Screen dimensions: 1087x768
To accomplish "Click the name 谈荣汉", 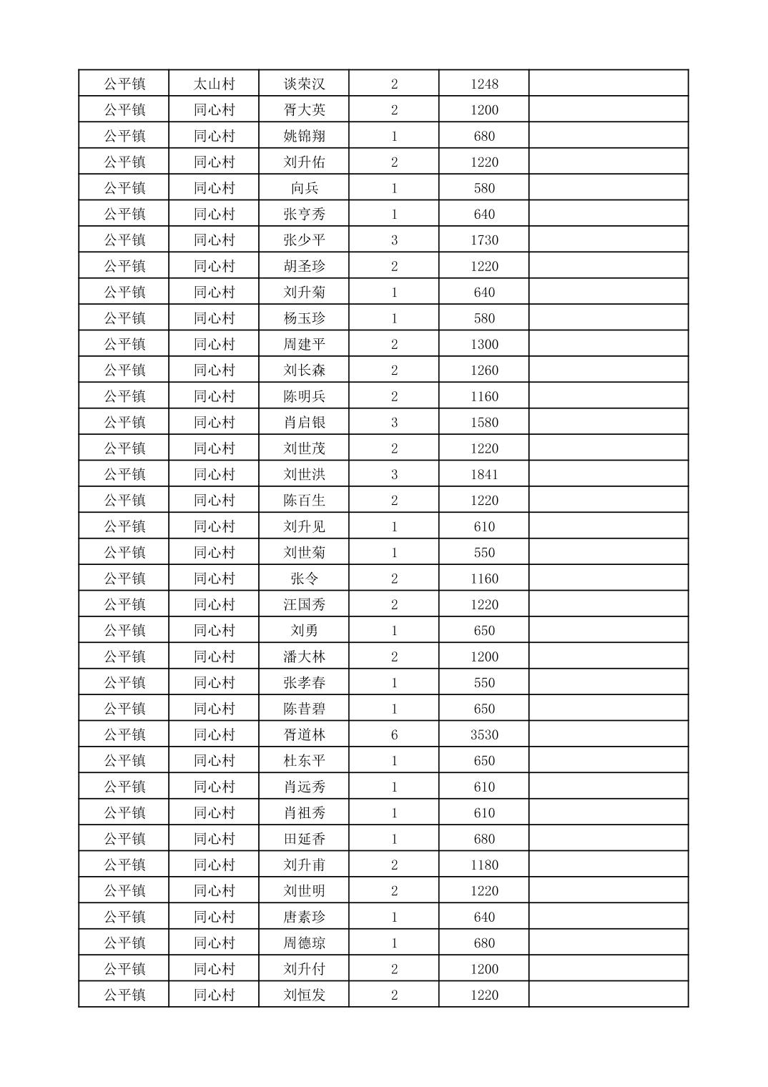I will [x=304, y=84].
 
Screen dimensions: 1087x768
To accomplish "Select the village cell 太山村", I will [x=214, y=84].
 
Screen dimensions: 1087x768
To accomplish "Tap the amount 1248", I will [x=484, y=84].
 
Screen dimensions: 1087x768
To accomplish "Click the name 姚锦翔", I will [x=304, y=136].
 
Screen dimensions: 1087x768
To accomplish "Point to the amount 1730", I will [x=484, y=240].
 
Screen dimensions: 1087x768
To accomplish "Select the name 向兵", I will [x=304, y=188].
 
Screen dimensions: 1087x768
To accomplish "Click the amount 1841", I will [x=484, y=474].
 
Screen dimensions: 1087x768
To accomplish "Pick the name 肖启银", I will [x=304, y=422].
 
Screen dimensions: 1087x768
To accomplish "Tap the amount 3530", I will [x=484, y=734].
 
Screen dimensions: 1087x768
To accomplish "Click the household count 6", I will [x=394, y=734].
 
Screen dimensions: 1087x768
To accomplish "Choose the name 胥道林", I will [x=304, y=734].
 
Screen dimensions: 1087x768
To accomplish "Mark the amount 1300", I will [x=484, y=344].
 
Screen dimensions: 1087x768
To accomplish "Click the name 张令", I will [x=304, y=579].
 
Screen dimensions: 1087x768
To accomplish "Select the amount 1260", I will [x=484, y=370].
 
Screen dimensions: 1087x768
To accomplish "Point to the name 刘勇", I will [x=304, y=631].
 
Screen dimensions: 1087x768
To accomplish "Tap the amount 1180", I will [x=484, y=865].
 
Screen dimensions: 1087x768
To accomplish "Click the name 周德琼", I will [x=304, y=943].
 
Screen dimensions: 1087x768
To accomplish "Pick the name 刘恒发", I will [x=304, y=995].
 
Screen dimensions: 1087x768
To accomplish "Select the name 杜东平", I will [x=304, y=761].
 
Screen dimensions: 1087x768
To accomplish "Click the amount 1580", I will [x=484, y=422].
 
